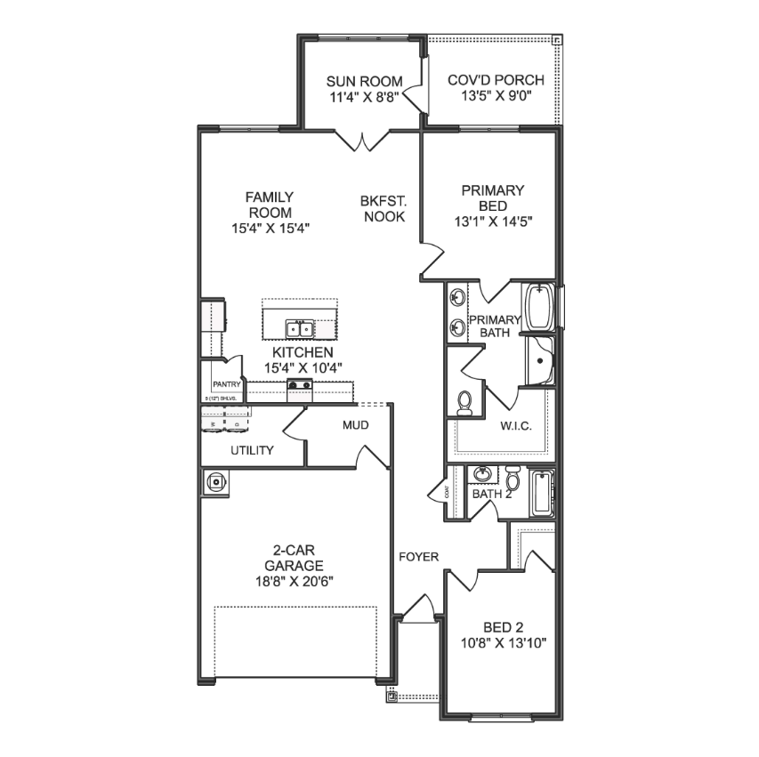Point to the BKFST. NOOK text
tap(383, 209)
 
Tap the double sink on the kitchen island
tap(299, 329)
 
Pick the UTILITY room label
tap(252, 450)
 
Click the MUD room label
tap(355, 425)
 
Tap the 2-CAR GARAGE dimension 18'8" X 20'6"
tap(293, 581)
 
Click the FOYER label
tap(418, 557)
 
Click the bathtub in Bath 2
tap(541, 494)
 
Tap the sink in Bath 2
tap(483, 474)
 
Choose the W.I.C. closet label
tap(515, 426)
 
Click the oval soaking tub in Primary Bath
tap(540, 308)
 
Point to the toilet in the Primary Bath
tap(464, 405)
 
